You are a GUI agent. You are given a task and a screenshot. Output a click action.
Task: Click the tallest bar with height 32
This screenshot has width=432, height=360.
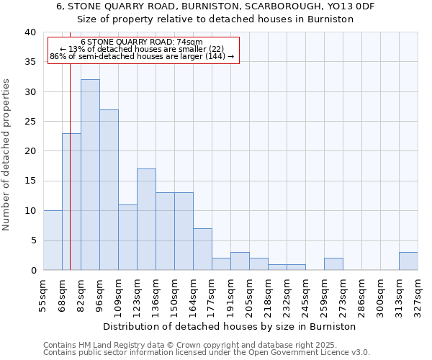pyautogui.click(x=90, y=175)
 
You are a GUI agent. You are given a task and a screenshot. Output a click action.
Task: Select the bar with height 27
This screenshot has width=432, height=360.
pyautogui.click(x=109, y=190)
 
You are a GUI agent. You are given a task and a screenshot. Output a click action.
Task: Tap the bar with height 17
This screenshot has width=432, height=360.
pyautogui.click(x=146, y=220)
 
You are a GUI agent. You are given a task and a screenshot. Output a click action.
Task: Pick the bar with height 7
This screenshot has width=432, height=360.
pyautogui.click(x=202, y=249)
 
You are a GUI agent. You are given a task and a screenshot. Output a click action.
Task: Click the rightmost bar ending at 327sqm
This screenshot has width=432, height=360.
pyautogui.click(x=408, y=261)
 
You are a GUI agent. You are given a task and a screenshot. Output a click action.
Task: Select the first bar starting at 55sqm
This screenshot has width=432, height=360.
pyautogui.click(x=53, y=240)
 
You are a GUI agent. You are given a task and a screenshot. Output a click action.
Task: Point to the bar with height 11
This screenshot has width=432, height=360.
pyautogui.click(x=127, y=238)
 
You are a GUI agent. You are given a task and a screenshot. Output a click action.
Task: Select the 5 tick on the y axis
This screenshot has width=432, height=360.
pyautogui.click(x=32, y=240)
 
